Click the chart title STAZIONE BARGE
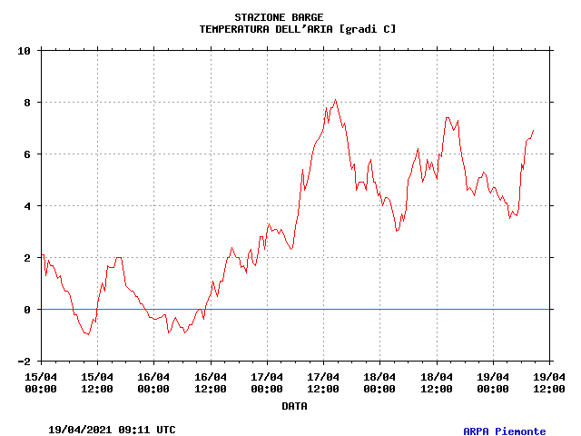[279, 17]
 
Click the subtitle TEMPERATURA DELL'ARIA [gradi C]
[298, 29]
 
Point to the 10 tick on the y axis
[25, 51]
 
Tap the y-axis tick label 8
[28, 103]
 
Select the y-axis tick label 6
[28, 154]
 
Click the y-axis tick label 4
[28, 206]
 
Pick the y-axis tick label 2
[28, 258]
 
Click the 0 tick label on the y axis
[28, 310]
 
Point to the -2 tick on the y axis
[25, 362]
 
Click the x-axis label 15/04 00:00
[41, 382]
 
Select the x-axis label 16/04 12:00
[211, 382]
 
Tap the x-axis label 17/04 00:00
[267, 382]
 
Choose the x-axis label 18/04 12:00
[437, 382]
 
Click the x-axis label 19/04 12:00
[549, 382]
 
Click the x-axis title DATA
[294, 406]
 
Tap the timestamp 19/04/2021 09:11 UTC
[112, 430]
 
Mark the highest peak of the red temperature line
[335, 100]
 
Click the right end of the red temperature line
[534, 130]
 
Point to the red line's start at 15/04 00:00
[42, 255]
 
